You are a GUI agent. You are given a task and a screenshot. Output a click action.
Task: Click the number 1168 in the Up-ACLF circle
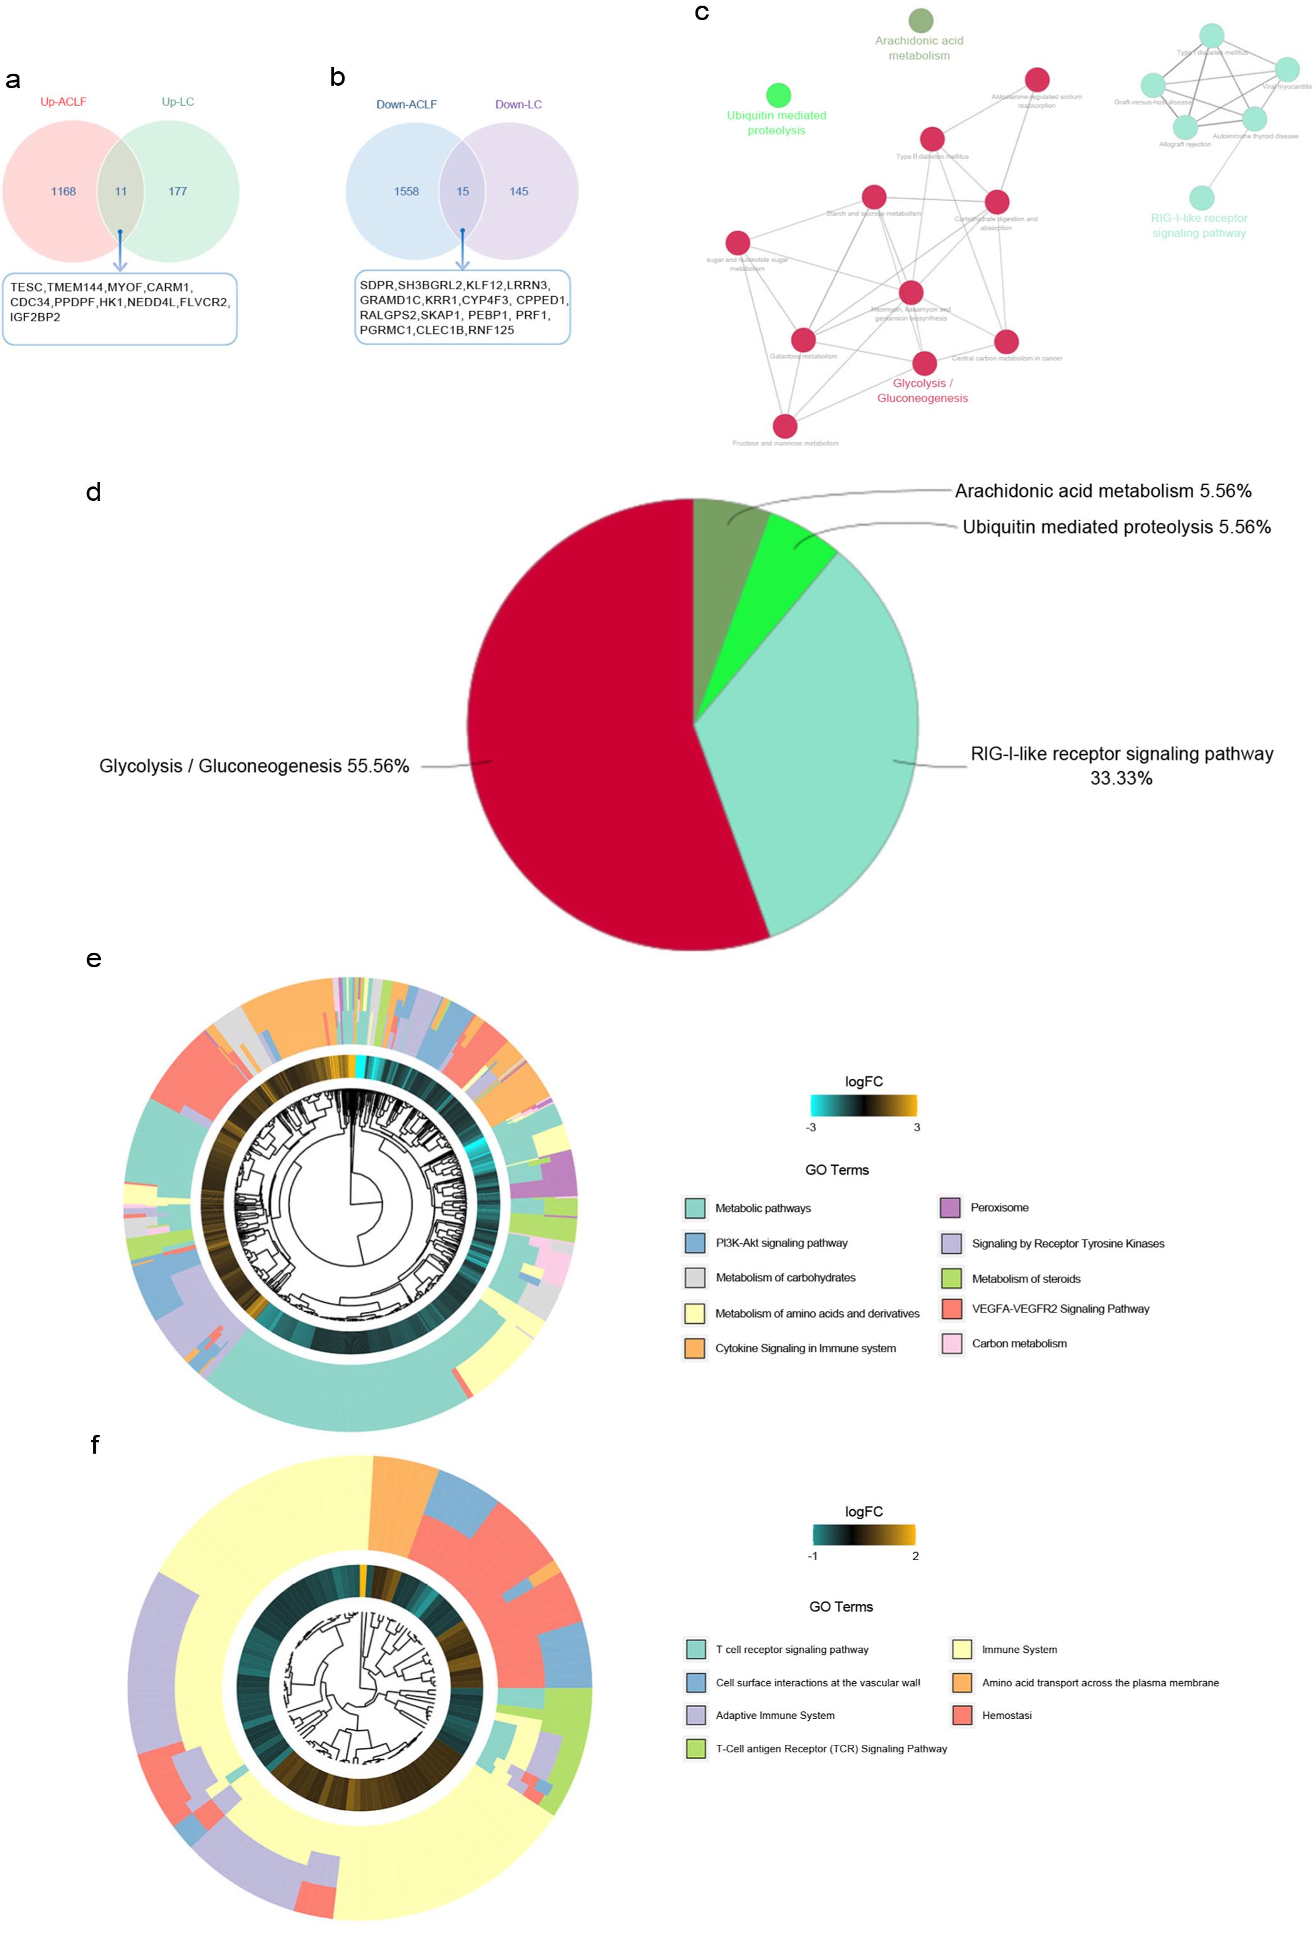pyautogui.click(x=64, y=192)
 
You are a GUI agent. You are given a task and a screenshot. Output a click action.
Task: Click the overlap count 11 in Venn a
pyautogui.click(x=121, y=192)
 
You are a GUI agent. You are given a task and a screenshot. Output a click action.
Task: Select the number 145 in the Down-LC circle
pyautogui.click(x=518, y=192)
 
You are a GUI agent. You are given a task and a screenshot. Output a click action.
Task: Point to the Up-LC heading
pyautogui.click(x=178, y=101)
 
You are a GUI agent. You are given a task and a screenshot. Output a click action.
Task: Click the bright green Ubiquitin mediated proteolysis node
pyautogui.click(x=777, y=95)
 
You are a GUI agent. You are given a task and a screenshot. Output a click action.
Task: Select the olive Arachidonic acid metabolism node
pyautogui.click(x=920, y=20)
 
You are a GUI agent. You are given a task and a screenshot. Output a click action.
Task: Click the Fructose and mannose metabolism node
pyautogui.click(x=784, y=426)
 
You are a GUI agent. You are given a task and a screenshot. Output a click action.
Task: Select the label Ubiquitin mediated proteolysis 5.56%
pyautogui.click(x=1116, y=527)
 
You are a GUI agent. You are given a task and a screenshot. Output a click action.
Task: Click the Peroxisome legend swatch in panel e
pyautogui.click(x=949, y=1208)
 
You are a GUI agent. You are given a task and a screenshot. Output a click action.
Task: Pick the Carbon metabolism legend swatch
pyautogui.click(x=951, y=1343)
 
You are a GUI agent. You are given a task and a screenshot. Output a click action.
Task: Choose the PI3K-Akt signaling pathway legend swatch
pyautogui.click(x=694, y=1243)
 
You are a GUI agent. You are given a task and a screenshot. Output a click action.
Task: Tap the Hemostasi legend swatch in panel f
pyautogui.click(x=962, y=1715)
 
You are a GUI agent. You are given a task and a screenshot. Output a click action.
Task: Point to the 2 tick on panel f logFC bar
pyautogui.click(x=915, y=1556)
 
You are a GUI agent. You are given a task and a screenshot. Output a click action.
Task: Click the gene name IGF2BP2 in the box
pyautogui.click(x=35, y=318)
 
